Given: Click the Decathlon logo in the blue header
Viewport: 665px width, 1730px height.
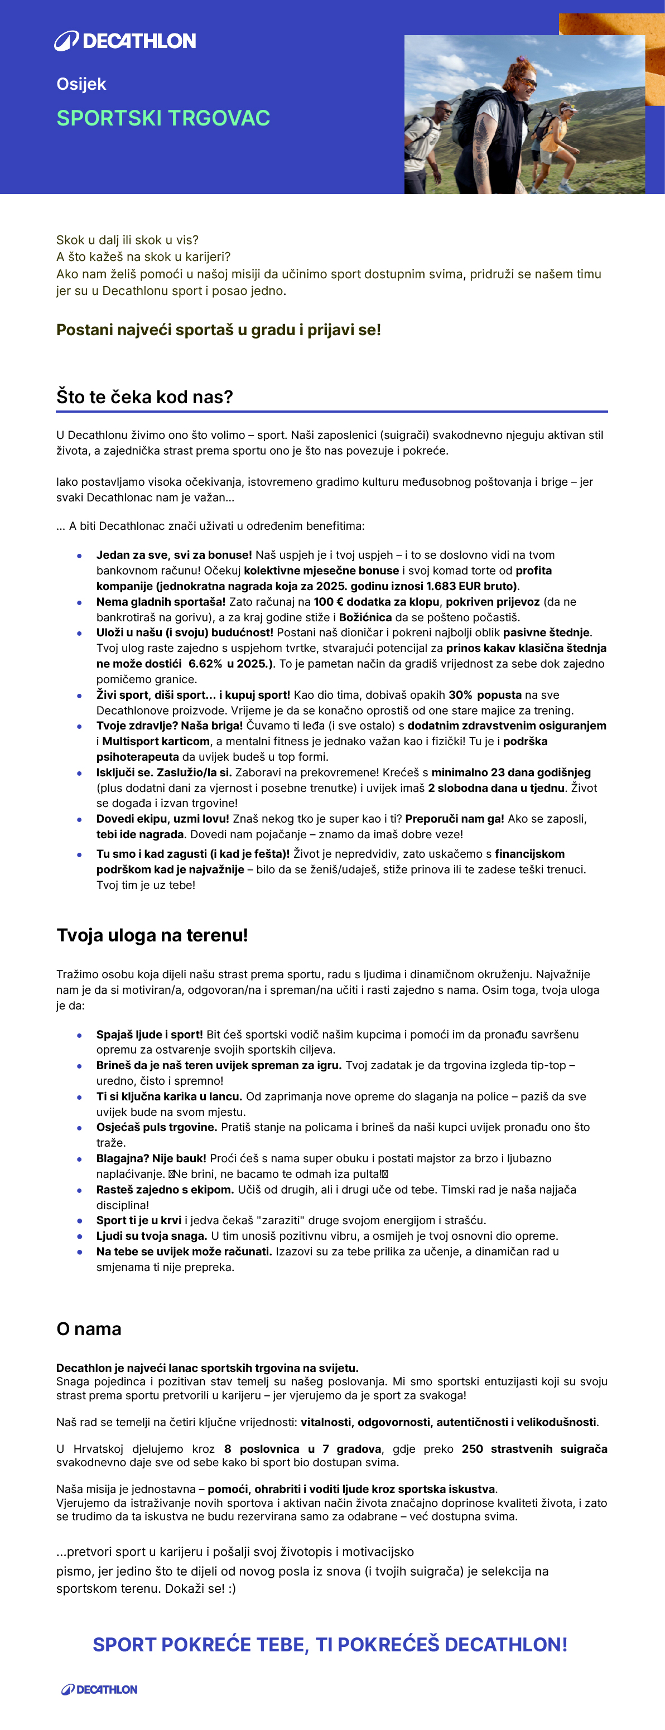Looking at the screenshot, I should point(125,41).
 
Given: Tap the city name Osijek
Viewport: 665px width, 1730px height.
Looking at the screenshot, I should point(81,85).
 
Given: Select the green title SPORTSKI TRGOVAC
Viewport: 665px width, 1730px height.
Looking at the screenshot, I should point(163,118).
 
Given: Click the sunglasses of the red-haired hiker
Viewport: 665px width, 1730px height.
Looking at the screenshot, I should point(524,82).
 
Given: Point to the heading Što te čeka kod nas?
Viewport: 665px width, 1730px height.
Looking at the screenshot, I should point(144,397).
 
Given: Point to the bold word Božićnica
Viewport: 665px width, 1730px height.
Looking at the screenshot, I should point(365,617).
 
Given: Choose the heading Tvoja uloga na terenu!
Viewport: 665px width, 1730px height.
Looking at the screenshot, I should point(152,935).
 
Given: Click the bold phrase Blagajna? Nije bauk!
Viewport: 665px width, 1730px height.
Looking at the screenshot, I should point(151,1158).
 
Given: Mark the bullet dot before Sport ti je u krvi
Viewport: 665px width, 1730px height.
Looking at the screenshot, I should point(79,1221).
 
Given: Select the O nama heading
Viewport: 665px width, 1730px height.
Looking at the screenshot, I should point(89,1328).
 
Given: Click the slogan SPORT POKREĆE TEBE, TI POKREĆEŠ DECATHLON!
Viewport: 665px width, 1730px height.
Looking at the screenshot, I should point(330,1645).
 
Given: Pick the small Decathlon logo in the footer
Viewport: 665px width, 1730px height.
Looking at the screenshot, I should point(99,1690).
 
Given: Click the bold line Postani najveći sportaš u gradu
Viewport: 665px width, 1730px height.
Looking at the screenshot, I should point(218,330).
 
